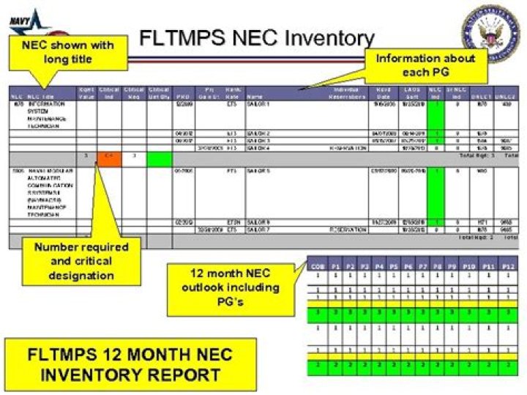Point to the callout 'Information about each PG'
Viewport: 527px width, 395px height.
click(x=425, y=64)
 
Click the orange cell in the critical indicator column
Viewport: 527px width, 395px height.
click(x=110, y=157)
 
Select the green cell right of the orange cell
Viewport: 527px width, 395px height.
click(x=159, y=158)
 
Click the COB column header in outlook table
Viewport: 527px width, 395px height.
click(x=315, y=267)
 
